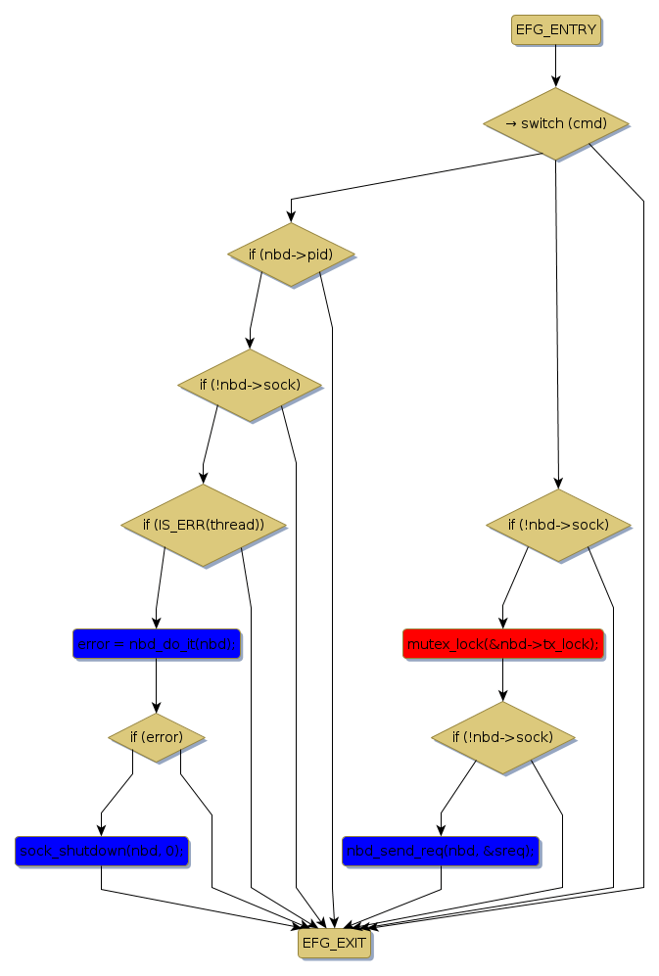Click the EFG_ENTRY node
[x=555, y=29]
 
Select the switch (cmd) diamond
[x=555, y=124]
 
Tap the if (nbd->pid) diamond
[x=291, y=256]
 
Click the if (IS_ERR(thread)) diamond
[x=203, y=525]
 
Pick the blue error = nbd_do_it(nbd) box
[x=156, y=644]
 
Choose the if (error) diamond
[x=156, y=737]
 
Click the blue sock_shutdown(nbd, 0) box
[x=101, y=851]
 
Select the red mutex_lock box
[x=502, y=643]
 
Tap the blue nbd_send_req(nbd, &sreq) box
[x=441, y=851]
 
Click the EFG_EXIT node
[x=334, y=944]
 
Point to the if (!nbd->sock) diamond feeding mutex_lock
[x=558, y=526]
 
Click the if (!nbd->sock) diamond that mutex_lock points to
[x=502, y=737]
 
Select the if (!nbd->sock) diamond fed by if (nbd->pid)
[x=250, y=385]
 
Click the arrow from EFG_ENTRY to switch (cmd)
[x=555, y=66]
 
